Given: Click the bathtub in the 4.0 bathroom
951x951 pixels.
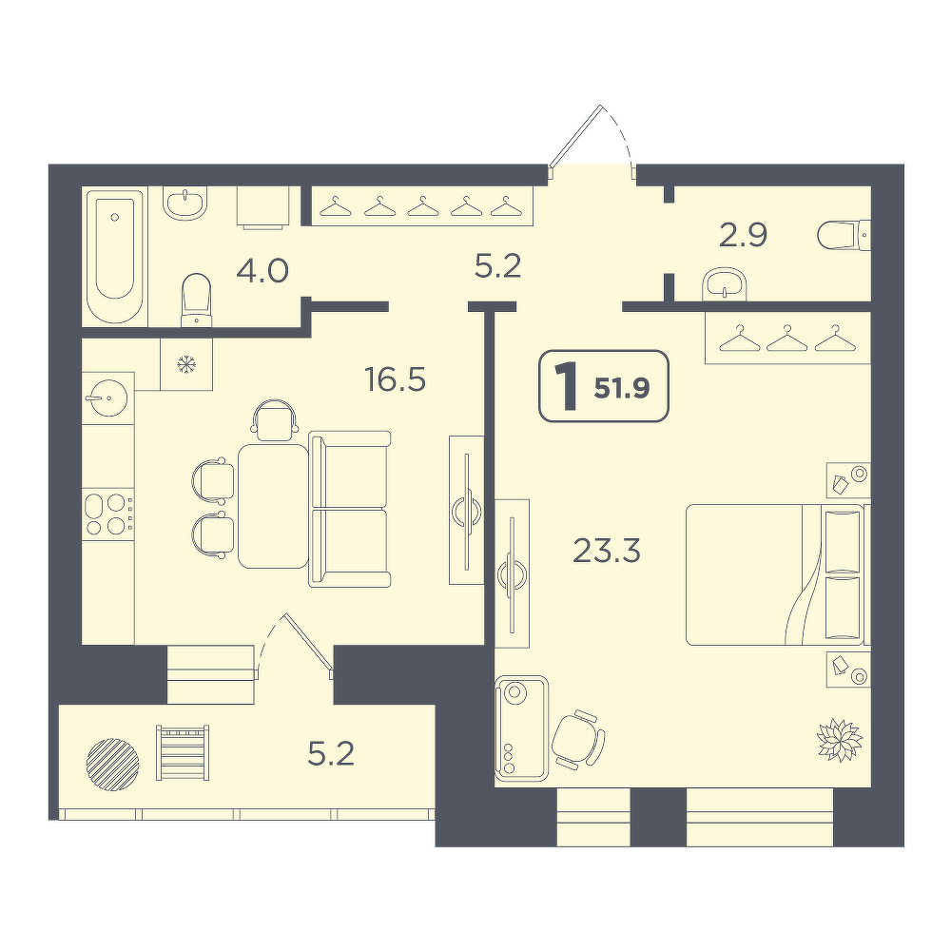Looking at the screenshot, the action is point(116,257).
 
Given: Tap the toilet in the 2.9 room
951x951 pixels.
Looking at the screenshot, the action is point(844,235).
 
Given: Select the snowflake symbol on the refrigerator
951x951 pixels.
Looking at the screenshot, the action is point(186,364).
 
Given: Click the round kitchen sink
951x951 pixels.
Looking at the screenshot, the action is point(107,398).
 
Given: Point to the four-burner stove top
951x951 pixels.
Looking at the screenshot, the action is point(107,514).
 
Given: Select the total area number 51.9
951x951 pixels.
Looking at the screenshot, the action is point(622,389).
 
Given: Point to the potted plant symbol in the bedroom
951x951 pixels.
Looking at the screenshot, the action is point(840,739).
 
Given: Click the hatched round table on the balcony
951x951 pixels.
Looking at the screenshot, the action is point(113,765).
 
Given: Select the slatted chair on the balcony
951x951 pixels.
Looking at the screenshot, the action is point(183,752).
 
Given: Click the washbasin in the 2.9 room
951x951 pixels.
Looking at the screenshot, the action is point(725,283).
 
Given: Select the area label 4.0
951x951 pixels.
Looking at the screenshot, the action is point(262,271).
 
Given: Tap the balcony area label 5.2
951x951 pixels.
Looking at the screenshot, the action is point(331,754).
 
